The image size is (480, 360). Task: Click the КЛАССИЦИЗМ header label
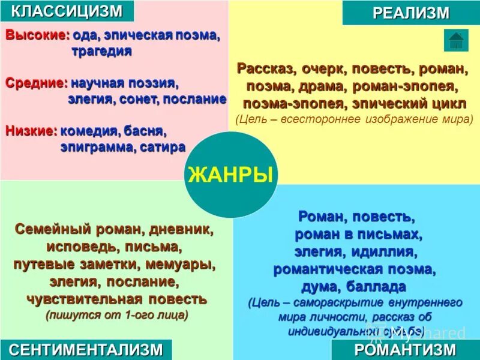click(67, 10)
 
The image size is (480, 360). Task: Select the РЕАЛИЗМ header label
click(411, 13)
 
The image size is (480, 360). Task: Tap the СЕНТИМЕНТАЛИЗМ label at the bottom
click(86, 350)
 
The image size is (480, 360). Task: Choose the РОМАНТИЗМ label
click(405, 350)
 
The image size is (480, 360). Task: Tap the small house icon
click(456, 40)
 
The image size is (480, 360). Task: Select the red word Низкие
click(31, 130)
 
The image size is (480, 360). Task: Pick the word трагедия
click(101, 51)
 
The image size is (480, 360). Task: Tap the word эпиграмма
click(98, 147)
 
